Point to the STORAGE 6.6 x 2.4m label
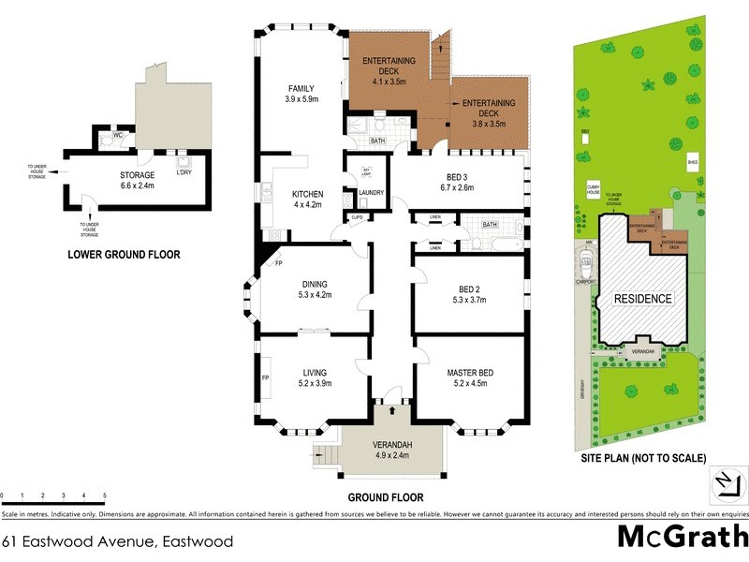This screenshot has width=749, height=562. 137,180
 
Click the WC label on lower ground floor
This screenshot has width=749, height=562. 118,136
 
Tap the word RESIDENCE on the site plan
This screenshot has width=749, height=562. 643,299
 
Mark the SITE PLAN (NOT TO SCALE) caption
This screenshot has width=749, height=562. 641,459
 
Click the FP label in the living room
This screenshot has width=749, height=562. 266,377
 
